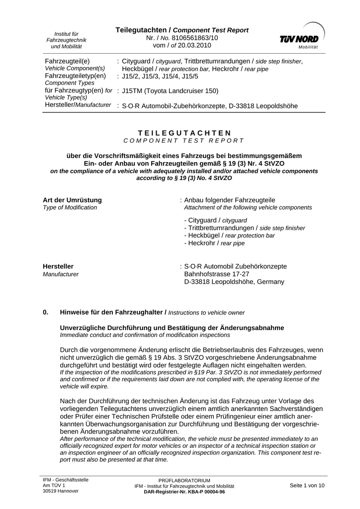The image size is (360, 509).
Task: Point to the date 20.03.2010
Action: click(x=193, y=45)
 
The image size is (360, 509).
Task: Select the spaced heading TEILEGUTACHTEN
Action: click(x=184, y=133)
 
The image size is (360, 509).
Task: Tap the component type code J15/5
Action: click(x=189, y=76)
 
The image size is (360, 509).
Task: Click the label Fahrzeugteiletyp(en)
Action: click(x=75, y=76)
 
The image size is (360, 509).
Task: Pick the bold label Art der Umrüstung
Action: click(x=72, y=200)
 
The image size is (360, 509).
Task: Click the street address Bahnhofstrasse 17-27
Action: click(x=216, y=274)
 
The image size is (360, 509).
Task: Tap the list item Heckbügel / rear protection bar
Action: click(x=229, y=236)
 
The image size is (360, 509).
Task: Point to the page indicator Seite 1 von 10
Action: click(x=307, y=485)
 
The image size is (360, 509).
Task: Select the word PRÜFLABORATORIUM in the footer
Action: click(x=184, y=481)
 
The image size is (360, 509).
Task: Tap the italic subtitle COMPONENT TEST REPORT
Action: click(x=184, y=141)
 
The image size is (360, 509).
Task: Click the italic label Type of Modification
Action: click(x=70, y=207)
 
